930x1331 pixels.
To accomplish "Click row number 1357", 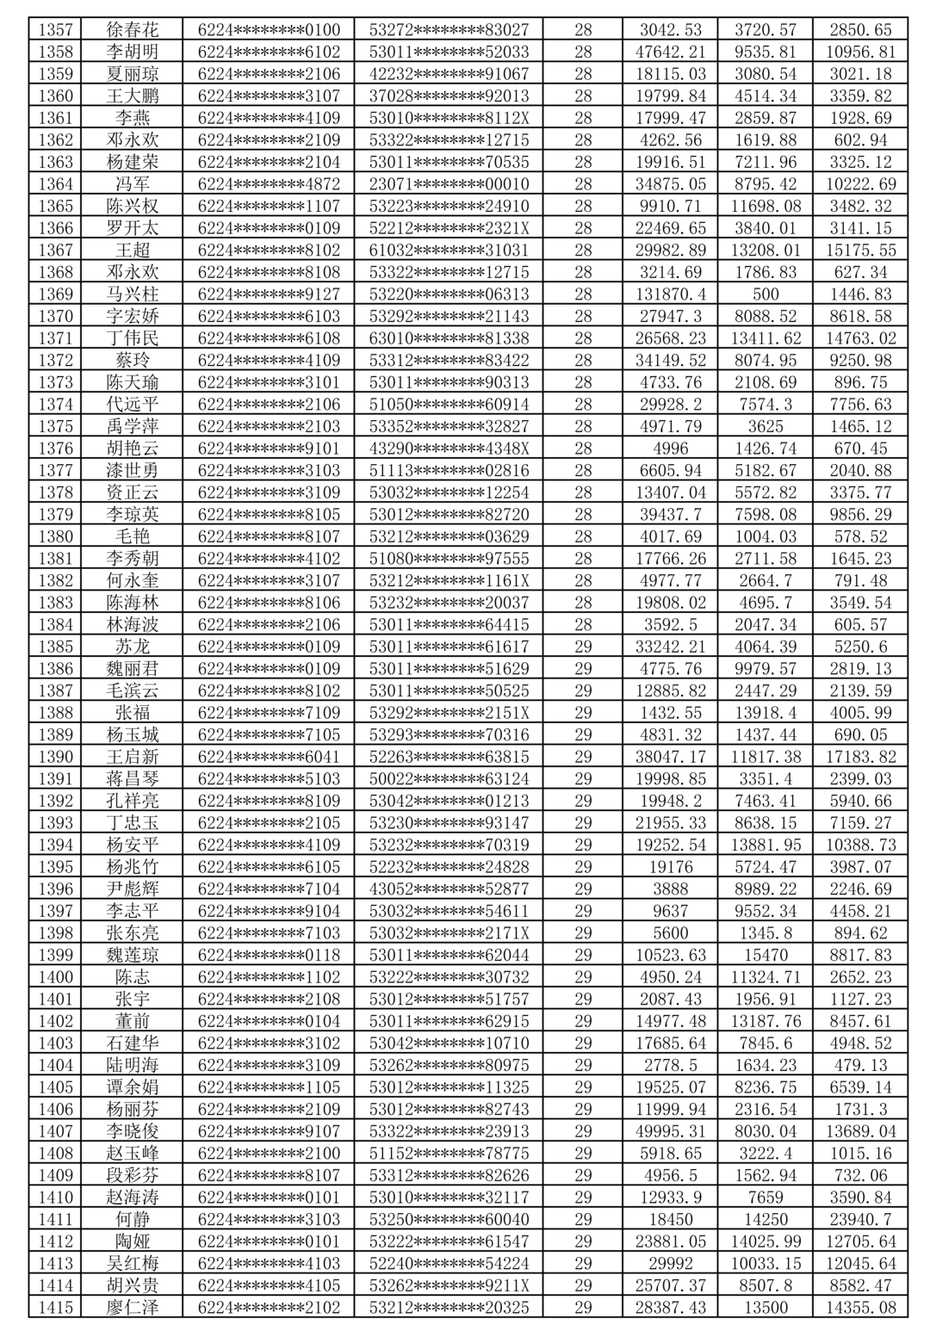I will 56,30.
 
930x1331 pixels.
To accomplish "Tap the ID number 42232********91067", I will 449,74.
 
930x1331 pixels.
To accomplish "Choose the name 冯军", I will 133,184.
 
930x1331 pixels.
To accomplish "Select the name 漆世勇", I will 133,470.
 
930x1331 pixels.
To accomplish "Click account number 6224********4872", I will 269,184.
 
